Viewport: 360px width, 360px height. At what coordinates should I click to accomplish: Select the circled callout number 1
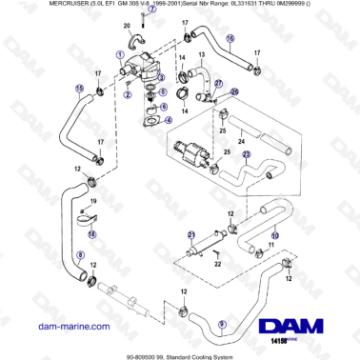(121, 54)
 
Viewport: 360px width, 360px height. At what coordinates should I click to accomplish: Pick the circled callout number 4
(169, 120)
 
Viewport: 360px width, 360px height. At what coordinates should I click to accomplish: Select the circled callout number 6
(163, 108)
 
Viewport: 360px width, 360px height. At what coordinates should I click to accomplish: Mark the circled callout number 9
(222, 324)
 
